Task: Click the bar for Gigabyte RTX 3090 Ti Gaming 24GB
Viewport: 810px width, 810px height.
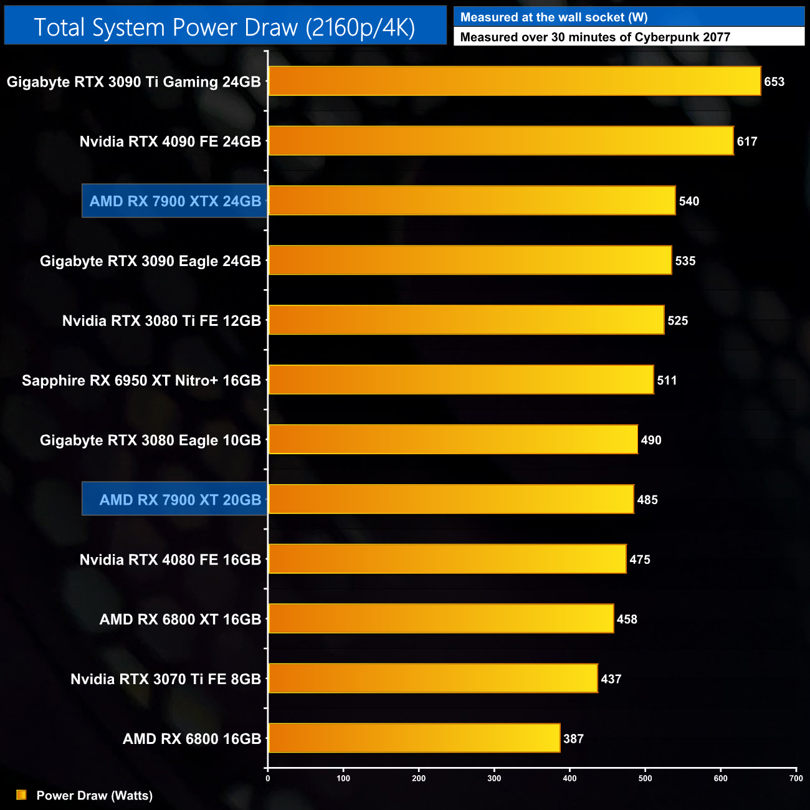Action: [x=514, y=81]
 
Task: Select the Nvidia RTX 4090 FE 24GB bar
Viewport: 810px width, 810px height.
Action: [x=500, y=141]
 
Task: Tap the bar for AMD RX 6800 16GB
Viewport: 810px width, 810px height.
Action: [x=414, y=738]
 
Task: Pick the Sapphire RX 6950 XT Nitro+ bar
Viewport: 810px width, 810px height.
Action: [x=460, y=380]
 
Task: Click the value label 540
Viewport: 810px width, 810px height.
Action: [x=689, y=201]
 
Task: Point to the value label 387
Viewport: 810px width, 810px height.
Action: [x=573, y=739]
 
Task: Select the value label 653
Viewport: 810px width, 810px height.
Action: [x=774, y=82]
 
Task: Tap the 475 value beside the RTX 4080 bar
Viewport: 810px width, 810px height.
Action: [x=640, y=560]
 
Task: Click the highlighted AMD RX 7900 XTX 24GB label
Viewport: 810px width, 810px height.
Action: [x=175, y=201]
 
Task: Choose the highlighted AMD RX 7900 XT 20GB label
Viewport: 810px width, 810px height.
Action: [x=180, y=500]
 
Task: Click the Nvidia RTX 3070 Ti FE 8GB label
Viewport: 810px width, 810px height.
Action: [x=166, y=679]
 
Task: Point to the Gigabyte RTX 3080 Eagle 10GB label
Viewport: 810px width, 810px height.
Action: [x=150, y=441]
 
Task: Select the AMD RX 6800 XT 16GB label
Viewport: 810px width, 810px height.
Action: [x=180, y=619]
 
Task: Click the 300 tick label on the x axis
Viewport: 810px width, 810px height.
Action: [x=494, y=778]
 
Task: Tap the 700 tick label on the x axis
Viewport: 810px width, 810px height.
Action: [x=796, y=778]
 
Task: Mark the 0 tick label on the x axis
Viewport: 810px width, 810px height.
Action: [x=268, y=778]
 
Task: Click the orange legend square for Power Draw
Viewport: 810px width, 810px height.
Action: [x=21, y=795]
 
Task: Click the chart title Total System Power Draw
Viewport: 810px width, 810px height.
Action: [x=224, y=27]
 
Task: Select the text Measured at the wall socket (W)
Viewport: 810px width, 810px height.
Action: [x=554, y=17]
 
